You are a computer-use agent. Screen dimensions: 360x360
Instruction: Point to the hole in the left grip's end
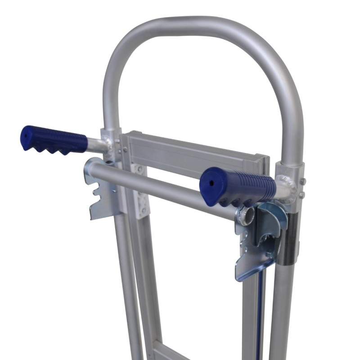pos(26,134)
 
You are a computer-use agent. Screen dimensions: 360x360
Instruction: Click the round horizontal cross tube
pos(157,189)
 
